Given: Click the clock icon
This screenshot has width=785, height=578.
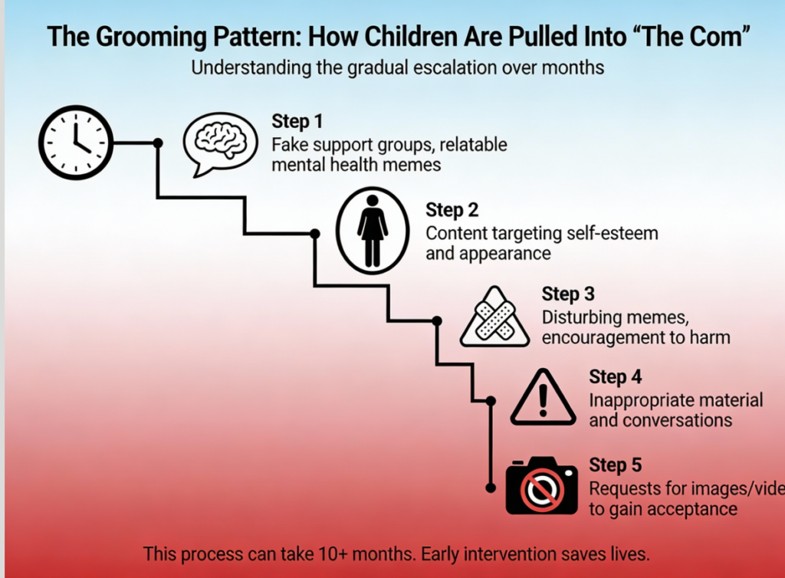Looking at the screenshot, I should (76, 143).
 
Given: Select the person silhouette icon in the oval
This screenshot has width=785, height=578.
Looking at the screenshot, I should (373, 230).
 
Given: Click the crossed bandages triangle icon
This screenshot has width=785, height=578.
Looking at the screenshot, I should (494, 317).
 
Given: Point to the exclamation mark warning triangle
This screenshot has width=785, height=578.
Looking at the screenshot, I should (543, 398).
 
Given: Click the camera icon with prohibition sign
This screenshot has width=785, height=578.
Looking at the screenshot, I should (541, 486).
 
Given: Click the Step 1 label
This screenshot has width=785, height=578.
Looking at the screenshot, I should (297, 121).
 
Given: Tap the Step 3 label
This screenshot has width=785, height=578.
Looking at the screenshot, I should (568, 294).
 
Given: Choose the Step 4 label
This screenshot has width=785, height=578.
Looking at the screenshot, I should (615, 377).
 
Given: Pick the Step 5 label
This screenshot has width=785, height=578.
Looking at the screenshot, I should (615, 465).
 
